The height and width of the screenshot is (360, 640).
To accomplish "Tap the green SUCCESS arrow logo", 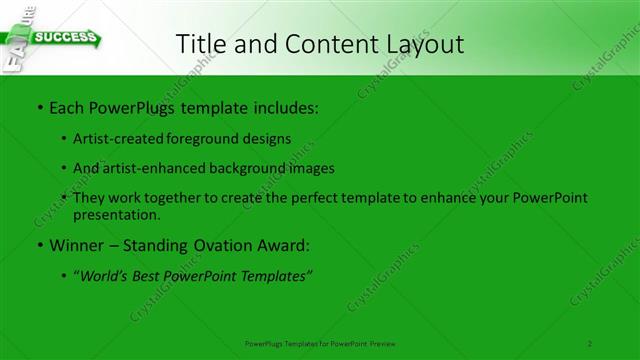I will click(66, 39).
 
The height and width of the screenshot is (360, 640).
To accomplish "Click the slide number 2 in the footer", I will click(591, 343).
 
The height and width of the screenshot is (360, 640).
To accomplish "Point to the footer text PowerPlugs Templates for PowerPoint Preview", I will click(319, 343).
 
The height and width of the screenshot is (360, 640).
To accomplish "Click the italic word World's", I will click(107, 276).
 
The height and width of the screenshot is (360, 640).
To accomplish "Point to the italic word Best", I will click(153, 276).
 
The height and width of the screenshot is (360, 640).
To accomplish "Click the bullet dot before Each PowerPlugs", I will click(39, 105).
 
